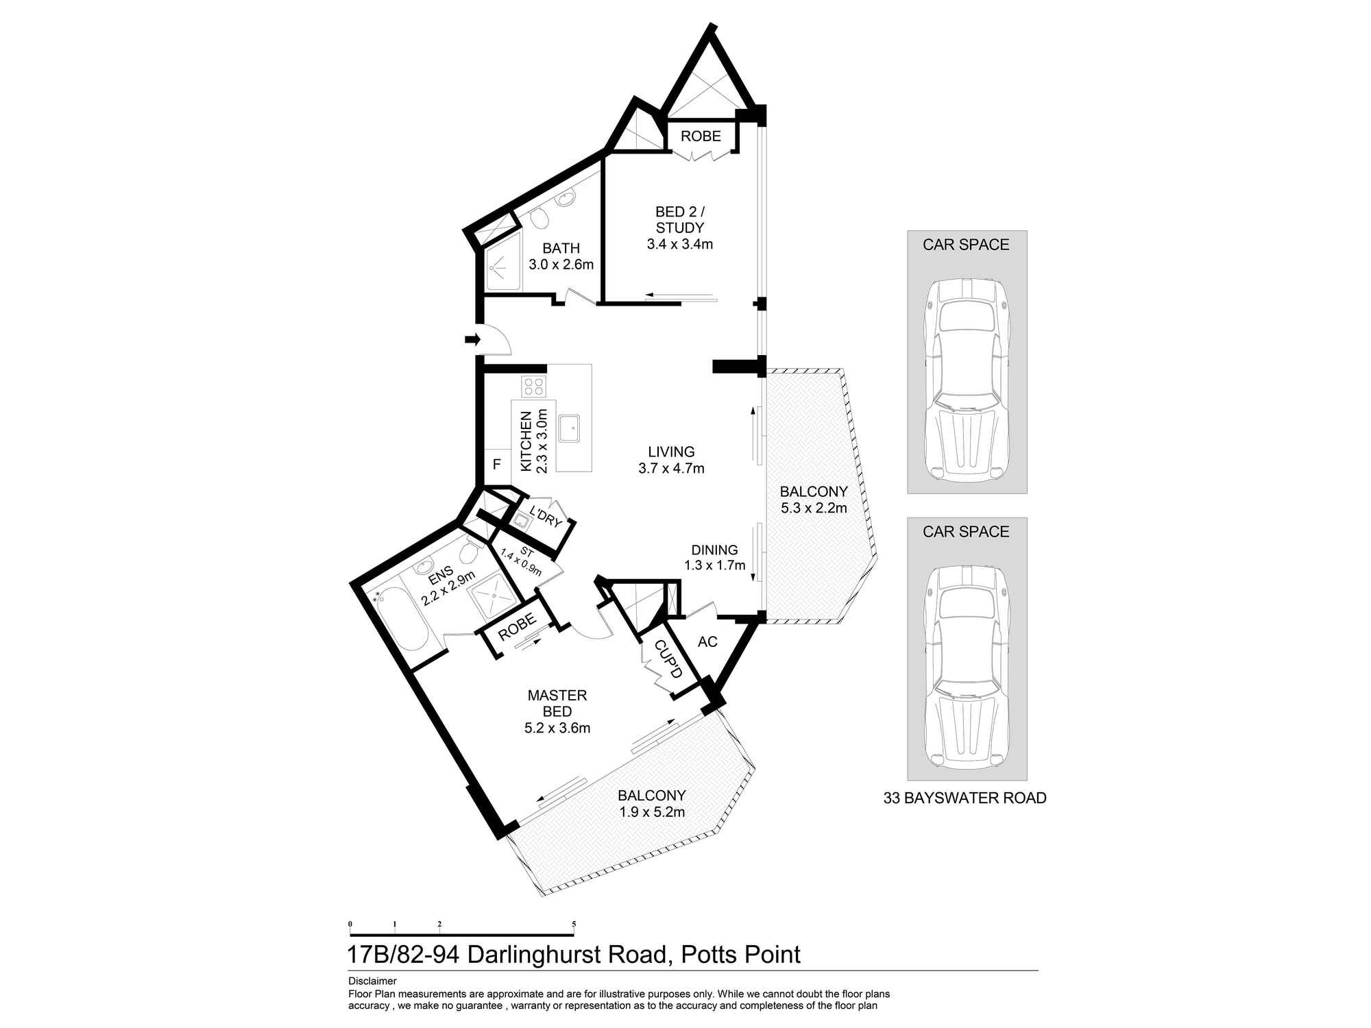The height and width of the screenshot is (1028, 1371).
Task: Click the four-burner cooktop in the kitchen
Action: pyautogui.click(x=533, y=387)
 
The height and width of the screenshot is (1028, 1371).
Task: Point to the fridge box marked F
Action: pyautogui.click(x=497, y=465)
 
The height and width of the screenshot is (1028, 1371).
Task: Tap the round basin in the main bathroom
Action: pyautogui.click(x=565, y=199)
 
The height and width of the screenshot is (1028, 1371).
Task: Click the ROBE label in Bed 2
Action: pyautogui.click(x=701, y=136)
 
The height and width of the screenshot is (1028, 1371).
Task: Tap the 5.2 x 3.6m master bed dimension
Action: pyautogui.click(x=557, y=729)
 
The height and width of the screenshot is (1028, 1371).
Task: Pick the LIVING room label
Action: pyautogui.click(x=672, y=452)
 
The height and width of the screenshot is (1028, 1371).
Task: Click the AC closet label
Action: pyautogui.click(x=707, y=641)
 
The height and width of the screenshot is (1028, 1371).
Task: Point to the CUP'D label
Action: pyautogui.click(x=668, y=659)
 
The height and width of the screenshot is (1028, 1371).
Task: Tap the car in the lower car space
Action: pyautogui.click(x=967, y=666)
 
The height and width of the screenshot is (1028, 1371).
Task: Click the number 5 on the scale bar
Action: pyautogui.click(x=574, y=924)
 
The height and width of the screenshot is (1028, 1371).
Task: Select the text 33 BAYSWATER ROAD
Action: pyautogui.click(x=965, y=798)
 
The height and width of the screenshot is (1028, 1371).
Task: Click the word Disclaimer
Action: pyautogui.click(x=372, y=981)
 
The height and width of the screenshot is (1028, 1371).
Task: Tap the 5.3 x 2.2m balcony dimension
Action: pyautogui.click(x=814, y=508)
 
